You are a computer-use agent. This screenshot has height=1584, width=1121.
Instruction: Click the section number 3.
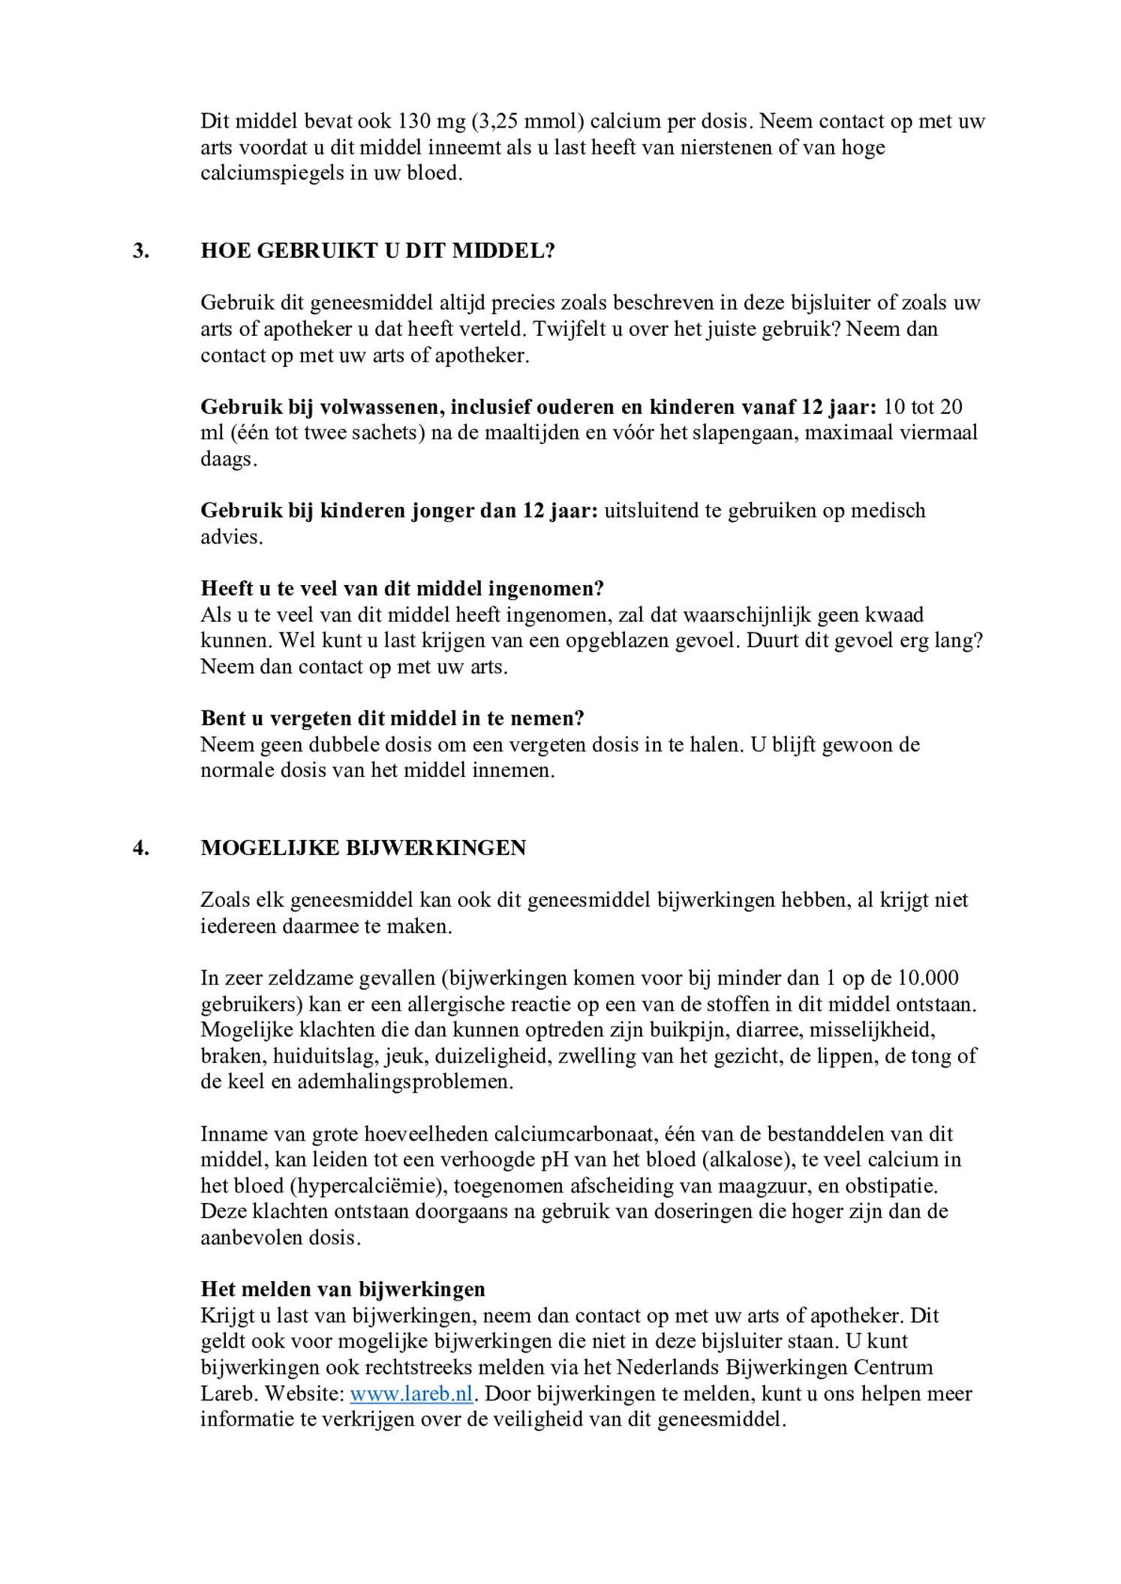click(x=141, y=250)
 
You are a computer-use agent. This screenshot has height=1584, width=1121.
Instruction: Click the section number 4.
click(x=141, y=848)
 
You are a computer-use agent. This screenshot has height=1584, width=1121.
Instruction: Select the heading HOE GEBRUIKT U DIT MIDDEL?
click(x=377, y=250)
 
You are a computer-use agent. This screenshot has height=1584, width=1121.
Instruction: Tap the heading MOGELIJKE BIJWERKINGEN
click(x=363, y=848)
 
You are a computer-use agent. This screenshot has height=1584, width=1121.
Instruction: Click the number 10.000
click(x=928, y=978)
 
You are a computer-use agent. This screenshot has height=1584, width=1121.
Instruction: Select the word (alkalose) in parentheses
click(x=747, y=1159)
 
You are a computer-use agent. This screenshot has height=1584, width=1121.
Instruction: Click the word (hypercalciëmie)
click(x=368, y=1186)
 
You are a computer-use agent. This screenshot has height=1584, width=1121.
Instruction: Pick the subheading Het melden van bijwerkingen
click(x=343, y=1289)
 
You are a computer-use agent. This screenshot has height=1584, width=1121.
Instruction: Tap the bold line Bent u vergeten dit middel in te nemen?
click(x=392, y=718)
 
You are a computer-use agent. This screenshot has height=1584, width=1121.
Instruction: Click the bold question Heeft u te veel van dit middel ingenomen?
click(x=402, y=589)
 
